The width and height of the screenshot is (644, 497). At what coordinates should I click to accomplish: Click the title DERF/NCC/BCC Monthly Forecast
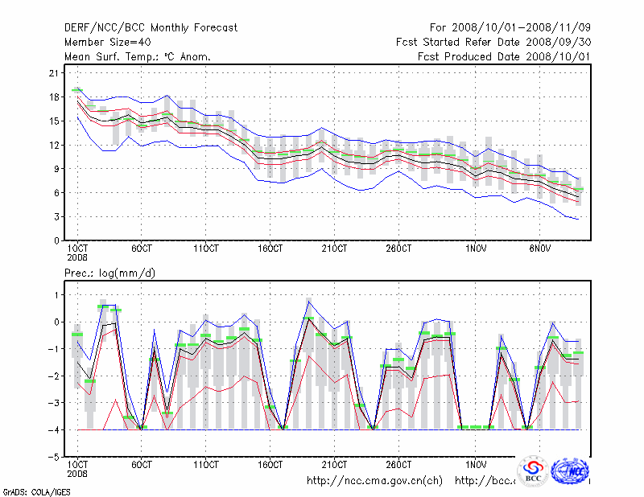click(x=151, y=28)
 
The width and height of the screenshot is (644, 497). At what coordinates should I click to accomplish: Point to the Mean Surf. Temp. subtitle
click(x=138, y=56)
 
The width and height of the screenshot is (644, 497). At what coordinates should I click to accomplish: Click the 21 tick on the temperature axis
click(x=53, y=73)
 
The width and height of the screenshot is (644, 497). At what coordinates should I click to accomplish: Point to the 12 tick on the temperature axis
click(x=53, y=145)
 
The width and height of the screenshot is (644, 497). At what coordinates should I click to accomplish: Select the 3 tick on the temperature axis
click(x=56, y=216)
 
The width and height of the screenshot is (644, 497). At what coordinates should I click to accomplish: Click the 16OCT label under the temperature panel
click(x=270, y=248)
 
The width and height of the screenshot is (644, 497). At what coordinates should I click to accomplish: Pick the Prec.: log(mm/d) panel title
click(x=110, y=273)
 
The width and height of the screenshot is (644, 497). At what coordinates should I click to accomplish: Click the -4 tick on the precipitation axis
click(x=52, y=430)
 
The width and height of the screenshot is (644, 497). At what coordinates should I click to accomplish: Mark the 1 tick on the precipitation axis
click(x=56, y=295)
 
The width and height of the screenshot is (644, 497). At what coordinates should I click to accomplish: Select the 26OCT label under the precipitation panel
click(x=398, y=464)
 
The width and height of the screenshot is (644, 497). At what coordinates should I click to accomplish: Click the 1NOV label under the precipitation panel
click(x=476, y=464)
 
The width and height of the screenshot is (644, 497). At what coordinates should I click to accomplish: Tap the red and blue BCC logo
click(x=532, y=471)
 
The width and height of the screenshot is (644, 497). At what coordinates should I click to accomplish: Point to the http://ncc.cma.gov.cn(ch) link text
click(x=375, y=481)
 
